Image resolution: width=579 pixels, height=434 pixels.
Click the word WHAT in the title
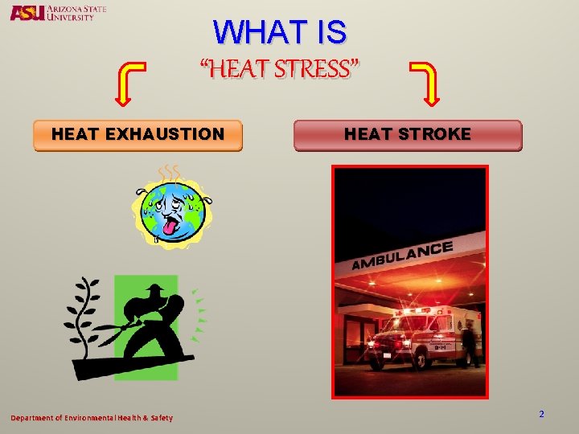pos(252,33)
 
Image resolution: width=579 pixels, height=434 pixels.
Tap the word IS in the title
pos(331,33)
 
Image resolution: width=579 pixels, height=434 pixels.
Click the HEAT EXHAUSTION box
pos(138,135)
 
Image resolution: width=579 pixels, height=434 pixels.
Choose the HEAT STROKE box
pos(408,135)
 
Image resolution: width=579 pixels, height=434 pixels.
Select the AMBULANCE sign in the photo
pos(402,256)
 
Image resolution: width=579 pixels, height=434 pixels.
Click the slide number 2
pos(541,414)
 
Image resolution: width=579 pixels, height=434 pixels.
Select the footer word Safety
pos(159,418)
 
